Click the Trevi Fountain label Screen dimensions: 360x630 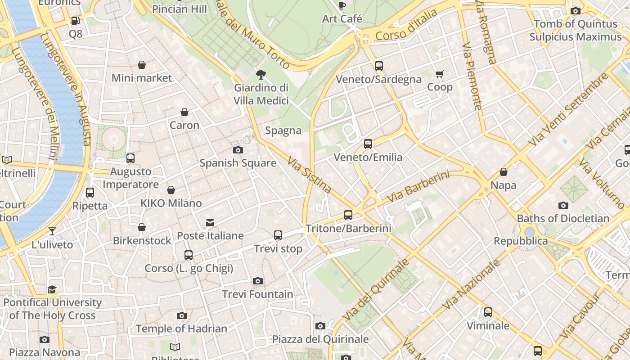click(x=257, y=294)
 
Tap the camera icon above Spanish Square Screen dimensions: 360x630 click(x=238, y=150)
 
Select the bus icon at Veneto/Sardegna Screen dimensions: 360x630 click(x=379, y=66)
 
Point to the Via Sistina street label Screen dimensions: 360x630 click(x=310, y=175)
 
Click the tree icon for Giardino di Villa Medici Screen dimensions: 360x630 click(x=261, y=75)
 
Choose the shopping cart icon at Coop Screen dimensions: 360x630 click(x=439, y=74)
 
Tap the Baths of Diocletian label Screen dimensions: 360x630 click(x=563, y=219)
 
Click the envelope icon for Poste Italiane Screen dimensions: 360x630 click(x=210, y=222)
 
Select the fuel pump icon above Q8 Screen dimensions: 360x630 click(x=75, y=21)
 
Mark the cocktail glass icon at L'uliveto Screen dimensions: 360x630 click(x=52, y=231)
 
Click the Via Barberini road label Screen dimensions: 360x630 click(x=418, y=186)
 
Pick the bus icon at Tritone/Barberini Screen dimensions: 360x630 click(x=348, y=215)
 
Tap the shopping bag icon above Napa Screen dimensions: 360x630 click(x=504, y=172)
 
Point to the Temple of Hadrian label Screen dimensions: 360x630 click(x=181, y=329)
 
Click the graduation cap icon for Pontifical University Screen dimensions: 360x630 click(x=52, y=289)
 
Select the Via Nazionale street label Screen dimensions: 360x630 click(x=471, y=284)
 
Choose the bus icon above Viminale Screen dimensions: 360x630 click(x=488, y=312)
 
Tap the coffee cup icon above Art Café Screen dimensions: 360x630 click(x=342, y=5)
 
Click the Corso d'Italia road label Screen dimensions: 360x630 click(x=406, y=25)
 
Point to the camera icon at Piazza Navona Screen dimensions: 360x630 click(x=44, y=339)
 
